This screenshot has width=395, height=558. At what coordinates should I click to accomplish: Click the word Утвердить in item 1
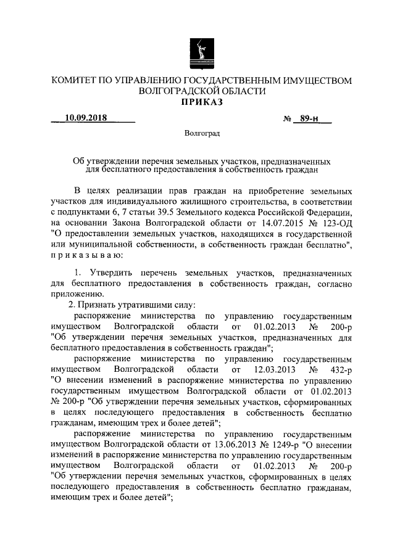click(112, 272)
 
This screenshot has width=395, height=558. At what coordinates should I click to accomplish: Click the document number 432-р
click(338, 369)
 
